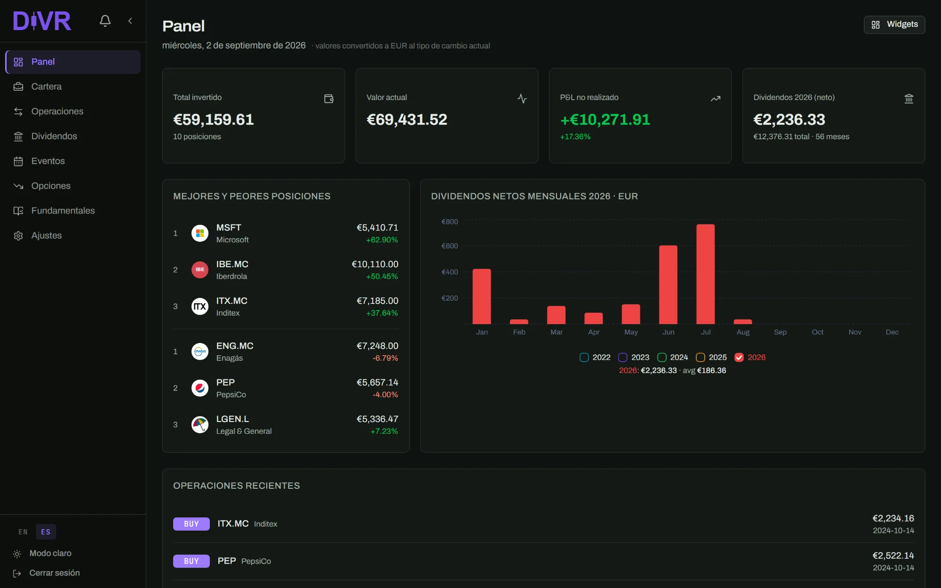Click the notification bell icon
105,21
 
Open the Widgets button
894,24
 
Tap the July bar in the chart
706,274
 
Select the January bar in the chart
482,296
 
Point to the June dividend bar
668,285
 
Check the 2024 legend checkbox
662,358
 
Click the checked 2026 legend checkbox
739,358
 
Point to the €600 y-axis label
449,246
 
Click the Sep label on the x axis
780,332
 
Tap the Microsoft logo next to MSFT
200,233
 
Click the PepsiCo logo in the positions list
200,388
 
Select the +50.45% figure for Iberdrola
382,277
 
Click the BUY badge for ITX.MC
191,524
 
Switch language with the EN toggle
23,532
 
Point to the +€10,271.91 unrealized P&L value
605,119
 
